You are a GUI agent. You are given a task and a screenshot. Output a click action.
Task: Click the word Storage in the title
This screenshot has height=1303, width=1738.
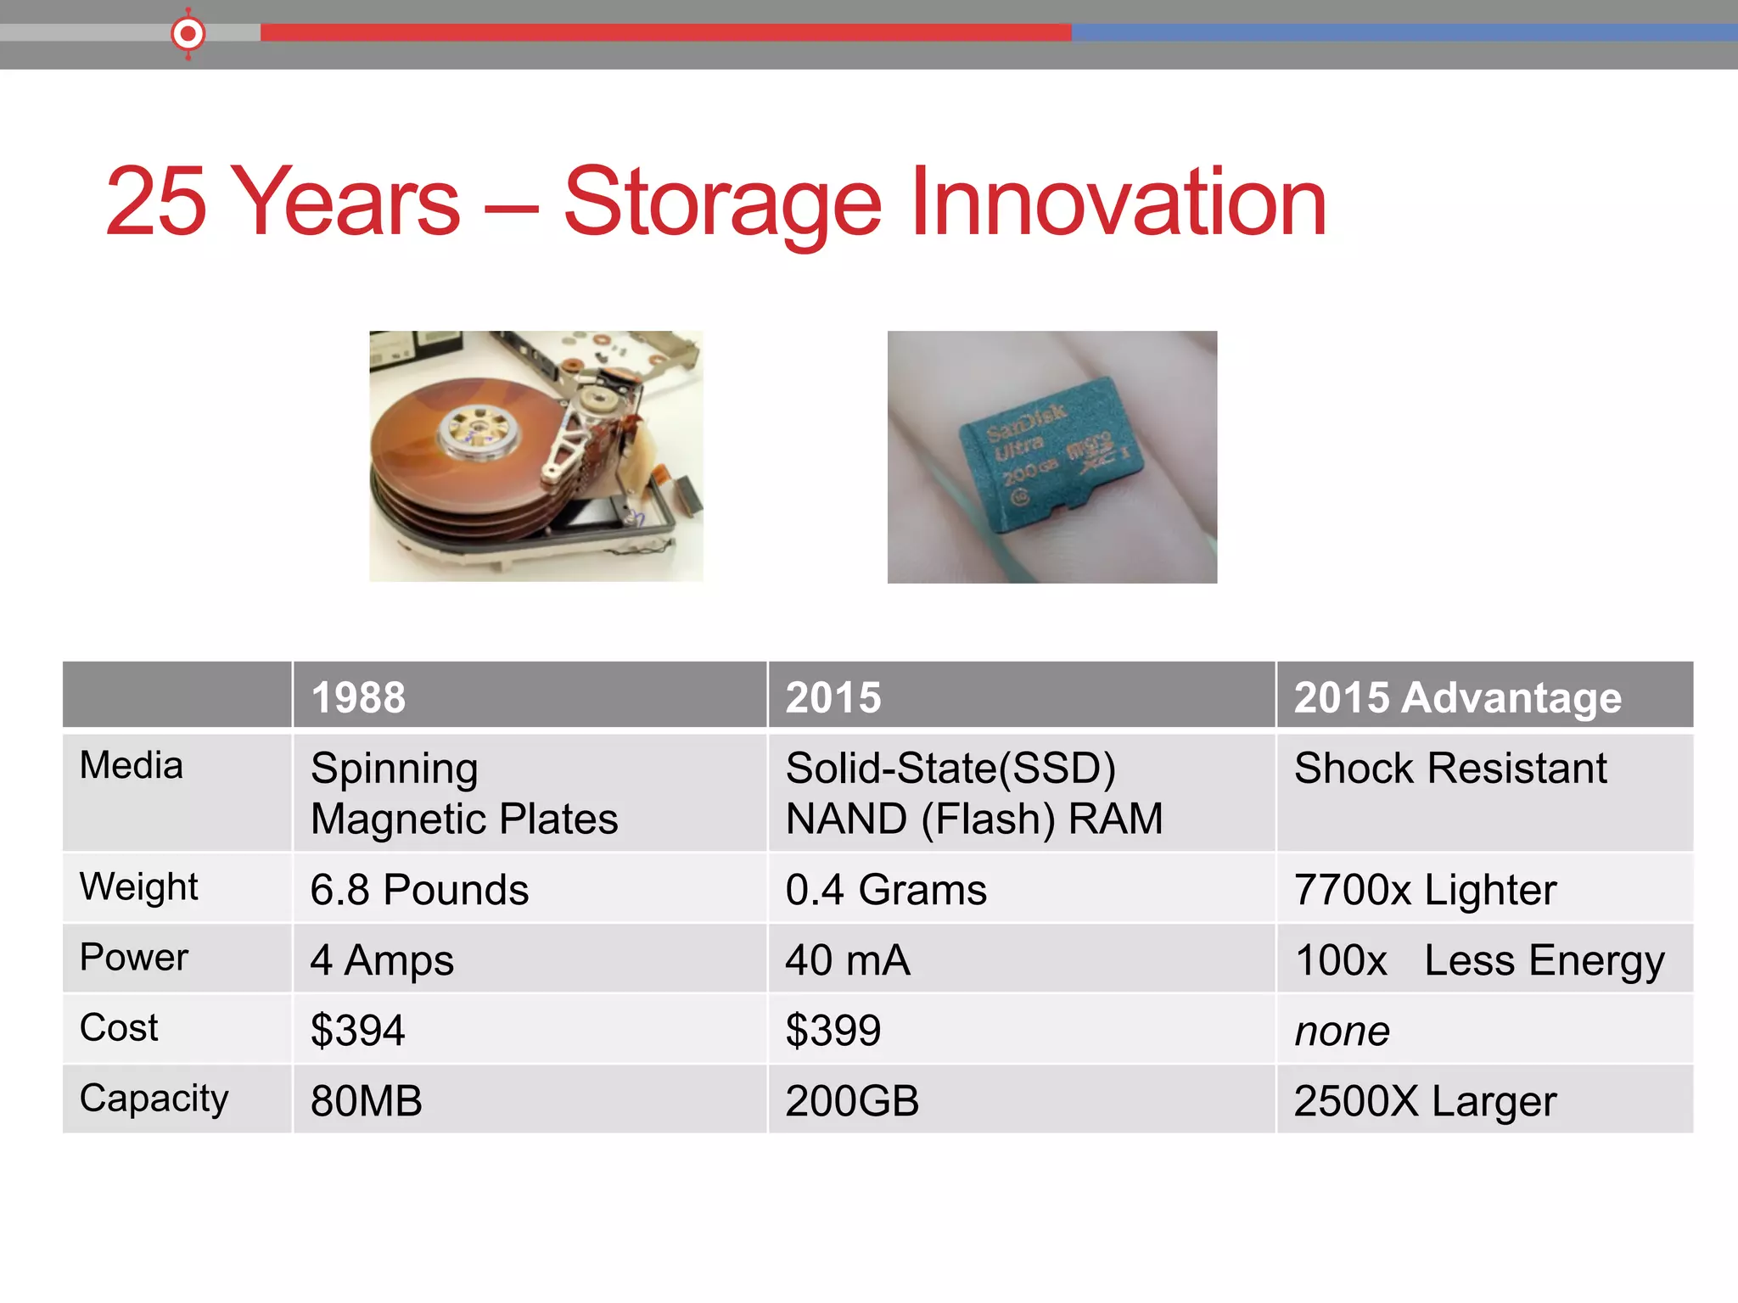[722, 204]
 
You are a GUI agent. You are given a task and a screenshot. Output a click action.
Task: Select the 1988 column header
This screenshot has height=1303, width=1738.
[358, 697]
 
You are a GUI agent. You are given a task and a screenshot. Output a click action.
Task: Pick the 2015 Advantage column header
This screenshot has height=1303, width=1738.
[1457, 697]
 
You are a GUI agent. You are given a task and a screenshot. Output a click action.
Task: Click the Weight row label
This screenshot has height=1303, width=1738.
[138, 887]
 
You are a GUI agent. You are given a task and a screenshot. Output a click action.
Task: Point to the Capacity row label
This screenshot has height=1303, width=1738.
[154, 1099]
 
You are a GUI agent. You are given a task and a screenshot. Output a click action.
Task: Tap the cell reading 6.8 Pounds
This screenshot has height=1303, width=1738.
[419, 890]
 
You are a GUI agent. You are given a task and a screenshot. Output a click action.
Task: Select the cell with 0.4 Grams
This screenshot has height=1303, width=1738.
[885, 890]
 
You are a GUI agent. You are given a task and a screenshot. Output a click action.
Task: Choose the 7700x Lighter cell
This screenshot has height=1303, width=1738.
[1425, 890]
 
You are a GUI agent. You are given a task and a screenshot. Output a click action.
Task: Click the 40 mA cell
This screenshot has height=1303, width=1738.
[847, 960]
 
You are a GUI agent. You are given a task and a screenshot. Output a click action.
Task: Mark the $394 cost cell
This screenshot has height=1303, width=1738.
[357, 1031]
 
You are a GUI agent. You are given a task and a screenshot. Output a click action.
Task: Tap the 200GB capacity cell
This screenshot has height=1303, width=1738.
[851, 1101]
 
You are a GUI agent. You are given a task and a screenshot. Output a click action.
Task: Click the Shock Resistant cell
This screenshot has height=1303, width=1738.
[1449, 769]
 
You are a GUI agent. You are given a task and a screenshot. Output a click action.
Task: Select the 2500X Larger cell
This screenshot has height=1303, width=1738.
[1425, 1101]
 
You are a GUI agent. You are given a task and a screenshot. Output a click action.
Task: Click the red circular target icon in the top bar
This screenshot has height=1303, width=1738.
[188, 34]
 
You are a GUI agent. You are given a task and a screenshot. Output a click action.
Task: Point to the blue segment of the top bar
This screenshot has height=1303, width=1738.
[1400, 32]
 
